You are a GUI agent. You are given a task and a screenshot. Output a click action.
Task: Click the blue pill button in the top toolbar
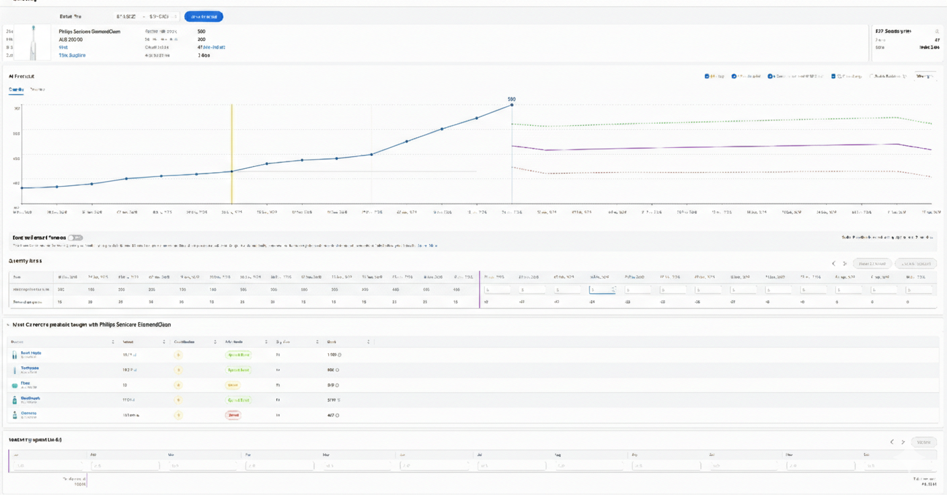(203, 16)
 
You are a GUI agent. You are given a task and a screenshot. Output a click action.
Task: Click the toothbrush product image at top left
(33, 43)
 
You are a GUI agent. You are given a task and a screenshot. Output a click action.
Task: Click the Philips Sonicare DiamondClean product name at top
(89, 32)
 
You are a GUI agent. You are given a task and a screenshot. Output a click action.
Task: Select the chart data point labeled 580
(512, 105)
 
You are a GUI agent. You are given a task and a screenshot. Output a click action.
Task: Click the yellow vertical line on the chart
(232, 155)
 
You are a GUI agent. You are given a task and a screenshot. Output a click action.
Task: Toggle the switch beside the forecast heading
(75, 237)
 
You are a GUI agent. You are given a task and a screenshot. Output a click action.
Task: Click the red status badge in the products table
(233, 415)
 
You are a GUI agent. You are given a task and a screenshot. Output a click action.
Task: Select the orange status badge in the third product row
(233, 385)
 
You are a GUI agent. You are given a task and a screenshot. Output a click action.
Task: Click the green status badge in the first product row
(238, 354)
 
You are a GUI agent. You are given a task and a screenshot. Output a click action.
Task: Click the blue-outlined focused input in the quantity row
(602, 290)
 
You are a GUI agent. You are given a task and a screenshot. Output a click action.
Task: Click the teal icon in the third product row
(15, 385)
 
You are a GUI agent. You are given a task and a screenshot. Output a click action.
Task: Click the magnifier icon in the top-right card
(936, 32)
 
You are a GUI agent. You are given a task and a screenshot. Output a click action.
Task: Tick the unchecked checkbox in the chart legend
(872, 77)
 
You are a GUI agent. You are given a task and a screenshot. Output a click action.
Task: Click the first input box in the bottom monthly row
(48, 465)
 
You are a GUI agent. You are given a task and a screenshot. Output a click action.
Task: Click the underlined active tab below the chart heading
(16, 89)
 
